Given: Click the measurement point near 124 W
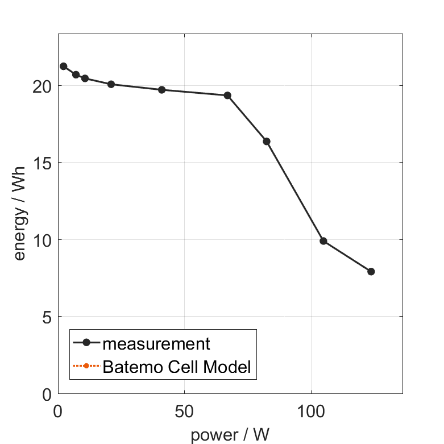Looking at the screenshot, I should tap(371, 272).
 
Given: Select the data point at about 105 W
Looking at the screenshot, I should tap(323, 241).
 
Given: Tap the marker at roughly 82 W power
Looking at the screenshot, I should tap(267, 142).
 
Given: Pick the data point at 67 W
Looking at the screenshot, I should tap(227, 96).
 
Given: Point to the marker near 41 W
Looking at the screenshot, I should tap(162, 90).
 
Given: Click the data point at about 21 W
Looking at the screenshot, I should tap(111, 84).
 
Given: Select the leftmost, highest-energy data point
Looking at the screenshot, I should tap(64, 67).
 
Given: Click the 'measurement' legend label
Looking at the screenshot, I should tap(156, 343).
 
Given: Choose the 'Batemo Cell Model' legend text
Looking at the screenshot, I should tap(177, 367).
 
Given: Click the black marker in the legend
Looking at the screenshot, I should tap(86, 342).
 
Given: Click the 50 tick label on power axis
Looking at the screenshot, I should tap(184, 410).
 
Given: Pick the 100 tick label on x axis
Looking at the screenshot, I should tap(312, 410).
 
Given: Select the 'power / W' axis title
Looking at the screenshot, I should tap(230, 434).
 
